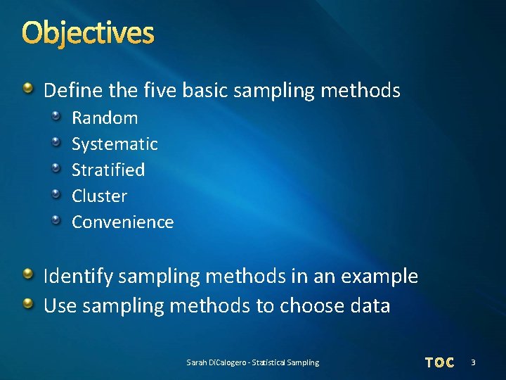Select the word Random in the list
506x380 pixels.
click(x=105, y=118)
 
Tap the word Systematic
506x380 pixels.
click(x=115, y=144)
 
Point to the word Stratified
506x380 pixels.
click(x=108, y=170)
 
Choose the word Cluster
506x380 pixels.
click(x=99, y=196)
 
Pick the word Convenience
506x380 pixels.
click(x=122, y=222)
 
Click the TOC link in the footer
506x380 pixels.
click(x=440, y=362)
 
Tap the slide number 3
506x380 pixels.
click(x=473, y=362)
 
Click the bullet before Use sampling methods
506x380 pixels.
click(x=27, y=304)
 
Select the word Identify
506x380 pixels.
click(x=78, y=277)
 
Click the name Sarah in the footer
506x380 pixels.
click(x=196, y=362)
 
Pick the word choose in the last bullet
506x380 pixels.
click(x=307, y=306)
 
